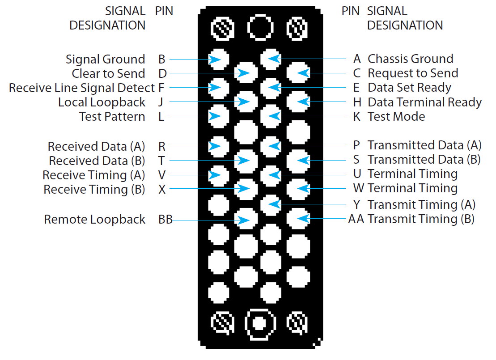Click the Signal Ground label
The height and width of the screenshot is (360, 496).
[x=105, y=59]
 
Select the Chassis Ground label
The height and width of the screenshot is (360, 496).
[x=410, y=59]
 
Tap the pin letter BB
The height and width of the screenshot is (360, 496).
[x=165, y=220]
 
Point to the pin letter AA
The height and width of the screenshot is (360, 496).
[x=356, y=219]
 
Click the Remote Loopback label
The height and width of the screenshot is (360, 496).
[x=94, y=220]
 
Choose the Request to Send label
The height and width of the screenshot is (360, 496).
[x=413, y=73]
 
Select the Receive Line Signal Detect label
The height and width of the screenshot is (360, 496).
[x=81, y=88]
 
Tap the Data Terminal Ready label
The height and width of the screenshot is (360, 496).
[x=424, y=102]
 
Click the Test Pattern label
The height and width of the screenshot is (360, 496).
[x=112, y=117]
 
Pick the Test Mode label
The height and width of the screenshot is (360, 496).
[x=396, y=117]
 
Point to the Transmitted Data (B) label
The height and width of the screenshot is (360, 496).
[x=424, y=160]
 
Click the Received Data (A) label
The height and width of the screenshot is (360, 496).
[x=96, y=147]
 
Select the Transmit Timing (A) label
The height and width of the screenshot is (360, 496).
[x=421, y=205]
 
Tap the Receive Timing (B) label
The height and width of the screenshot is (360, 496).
[x=94, y=190]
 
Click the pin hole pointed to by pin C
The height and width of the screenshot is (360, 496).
[x=298, y=73]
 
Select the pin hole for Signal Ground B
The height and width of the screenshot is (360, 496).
[x=219, y=59]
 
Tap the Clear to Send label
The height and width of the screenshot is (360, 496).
[x=108, y=74]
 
